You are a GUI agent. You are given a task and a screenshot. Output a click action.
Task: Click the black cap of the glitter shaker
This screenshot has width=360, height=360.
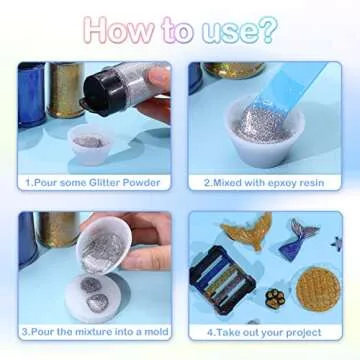pyautogui.click(x=100, y=94)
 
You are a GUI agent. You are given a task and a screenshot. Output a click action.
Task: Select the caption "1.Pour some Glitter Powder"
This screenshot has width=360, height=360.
pyautogui.click(x=93, y=183)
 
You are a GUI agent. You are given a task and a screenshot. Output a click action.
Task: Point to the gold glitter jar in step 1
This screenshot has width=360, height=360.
pyautogui.click(x=66, y=89)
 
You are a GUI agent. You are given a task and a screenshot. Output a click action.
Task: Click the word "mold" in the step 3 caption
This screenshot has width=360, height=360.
pyautogui.click(x=156, y=332)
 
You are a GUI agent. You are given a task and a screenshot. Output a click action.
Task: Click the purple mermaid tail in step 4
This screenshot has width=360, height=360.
pyautogui.click(x=298, y=240)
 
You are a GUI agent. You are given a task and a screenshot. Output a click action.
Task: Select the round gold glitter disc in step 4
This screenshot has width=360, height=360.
pyautogui.click(x=318, y=289)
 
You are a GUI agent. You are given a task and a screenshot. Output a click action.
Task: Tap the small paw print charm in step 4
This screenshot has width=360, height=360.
pyautogui.click(x=275, y=299)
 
